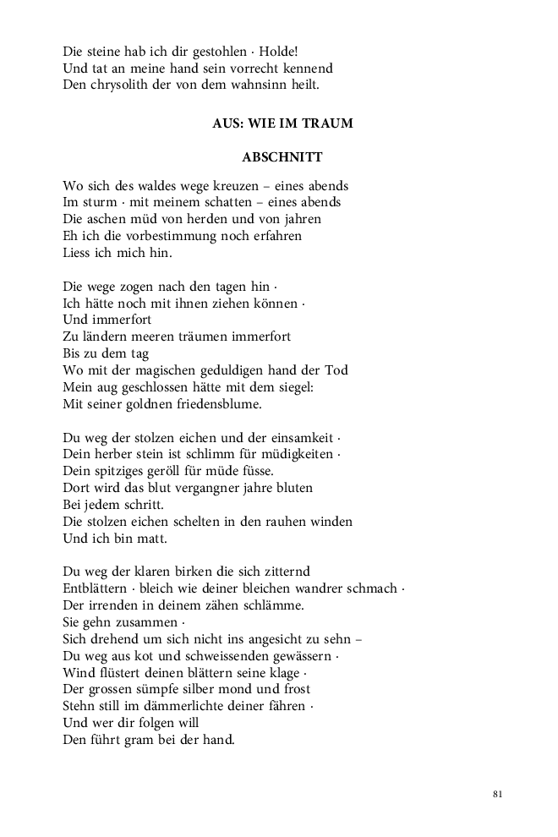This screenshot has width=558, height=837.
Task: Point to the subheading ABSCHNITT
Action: click(x=282, y=157)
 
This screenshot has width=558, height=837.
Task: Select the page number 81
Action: click(x=497, y=794)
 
